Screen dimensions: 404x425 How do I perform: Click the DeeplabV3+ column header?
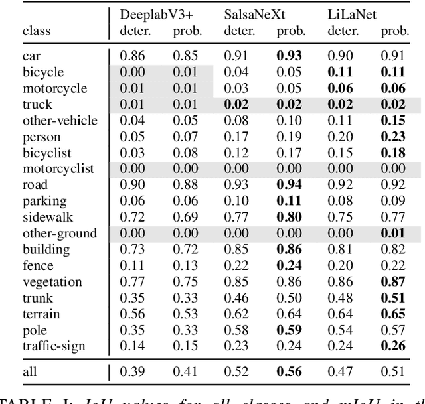click(x=153, y=14)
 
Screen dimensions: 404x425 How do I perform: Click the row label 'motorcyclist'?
click(x=58, y=168)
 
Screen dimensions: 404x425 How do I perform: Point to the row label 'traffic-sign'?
click(x=54, y=346)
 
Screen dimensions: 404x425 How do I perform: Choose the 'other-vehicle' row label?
click(x=60, y=120)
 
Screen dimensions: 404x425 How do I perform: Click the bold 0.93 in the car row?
click(x=292, y=56)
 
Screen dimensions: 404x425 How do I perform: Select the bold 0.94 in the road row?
click(x=292, y=185)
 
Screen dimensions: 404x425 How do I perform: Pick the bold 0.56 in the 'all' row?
click(x=292, y=372)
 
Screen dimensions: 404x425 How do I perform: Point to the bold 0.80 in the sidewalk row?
click(x=292, y=217)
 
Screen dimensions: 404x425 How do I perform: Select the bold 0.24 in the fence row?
click(x=292, y=265)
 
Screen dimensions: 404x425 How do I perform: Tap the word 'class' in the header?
click(x=37, y=31)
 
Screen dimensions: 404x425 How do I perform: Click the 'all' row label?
click(x=30, y=372)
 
